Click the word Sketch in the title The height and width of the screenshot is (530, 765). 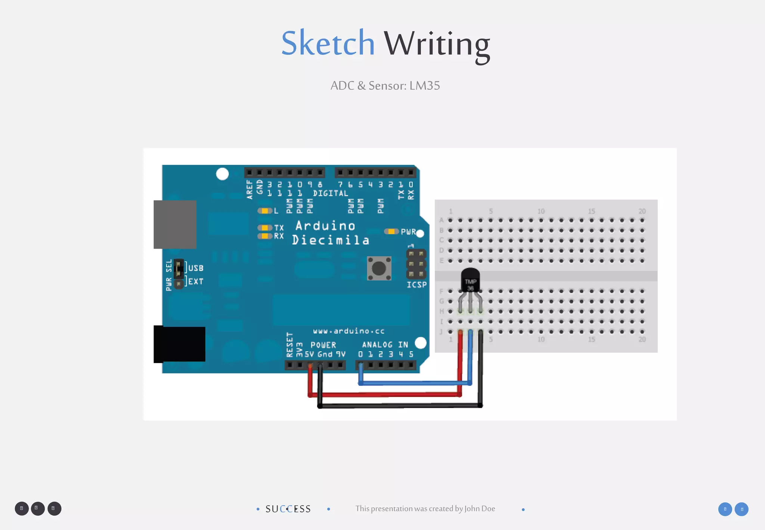pyautogui.click(x=328, y=43)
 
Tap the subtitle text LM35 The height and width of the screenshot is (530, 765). pyautogui.click(x=425, y=86)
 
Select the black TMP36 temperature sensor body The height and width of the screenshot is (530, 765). pyautogui.click(x=470, y=280)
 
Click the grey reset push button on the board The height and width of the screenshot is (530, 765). pyautogui.click(x=379, y=268)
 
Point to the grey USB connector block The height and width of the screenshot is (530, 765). pyautogui.click(x=175, y=224)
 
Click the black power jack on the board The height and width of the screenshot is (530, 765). pyautogui.click(x=180, y=344)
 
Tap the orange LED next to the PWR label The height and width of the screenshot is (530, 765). pyautogui.click(x=391, y=232)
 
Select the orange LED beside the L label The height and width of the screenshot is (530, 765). pyautogui.click(x=264, y=211)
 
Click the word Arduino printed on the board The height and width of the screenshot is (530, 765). pyautogui.click(x=325, y=226)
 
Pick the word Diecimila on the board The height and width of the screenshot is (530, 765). pyautogui.click(x=331, y=240)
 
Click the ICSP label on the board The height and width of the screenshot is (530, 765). pyautogui.click(x=416, y=285)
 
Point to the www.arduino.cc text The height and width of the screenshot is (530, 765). pyautogui.click(x=349, y=331)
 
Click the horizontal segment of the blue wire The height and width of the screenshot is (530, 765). pyautogui.click(x=415, y=383)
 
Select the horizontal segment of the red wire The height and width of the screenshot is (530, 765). pyautogui.click(x=385, y=395)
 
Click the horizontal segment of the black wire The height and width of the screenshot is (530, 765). pyautogui.click(x=400, y=406)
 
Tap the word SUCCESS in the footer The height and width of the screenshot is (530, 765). pyautogui.click(x=288, y=509)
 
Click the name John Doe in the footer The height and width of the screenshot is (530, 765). pyautogui.click(x=480, y=509)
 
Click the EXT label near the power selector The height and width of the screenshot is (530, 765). pyautogui.click(x=196, y=281)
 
